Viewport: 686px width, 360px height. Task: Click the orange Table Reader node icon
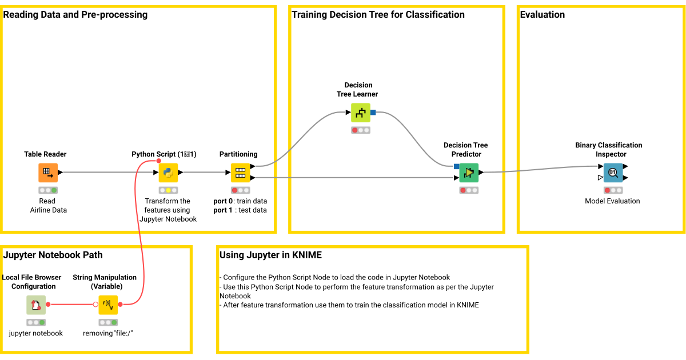click(x=48, y=173)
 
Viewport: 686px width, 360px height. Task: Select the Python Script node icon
click(x=168, y=173)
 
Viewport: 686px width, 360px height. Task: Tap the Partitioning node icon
click(x=240, y=173)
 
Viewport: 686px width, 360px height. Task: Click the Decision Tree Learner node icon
click(x=360, y=113)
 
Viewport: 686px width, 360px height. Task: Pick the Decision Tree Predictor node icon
click(x=469, y=173)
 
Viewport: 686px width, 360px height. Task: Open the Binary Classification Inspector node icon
click(x=613, y=173)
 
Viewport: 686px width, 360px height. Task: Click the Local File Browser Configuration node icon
click(x=36, y=305)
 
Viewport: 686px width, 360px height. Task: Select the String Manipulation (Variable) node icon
click(x=108, y=305)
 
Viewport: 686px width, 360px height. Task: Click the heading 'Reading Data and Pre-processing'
click(x=75, y=15)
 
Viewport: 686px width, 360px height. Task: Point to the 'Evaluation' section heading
click(x=542, y=15)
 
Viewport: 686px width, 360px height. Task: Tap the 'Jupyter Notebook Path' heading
click(x=53, y=255)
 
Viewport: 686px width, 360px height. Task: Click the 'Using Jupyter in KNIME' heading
click(x=270, y=255)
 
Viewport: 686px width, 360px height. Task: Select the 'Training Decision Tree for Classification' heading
click(x=378, y=15)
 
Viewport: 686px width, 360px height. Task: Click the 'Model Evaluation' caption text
click(x=612, y=201)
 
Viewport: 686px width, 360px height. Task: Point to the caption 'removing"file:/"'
click(x=108, y=333)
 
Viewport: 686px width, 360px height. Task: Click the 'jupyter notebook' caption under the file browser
click(x=36, y=333)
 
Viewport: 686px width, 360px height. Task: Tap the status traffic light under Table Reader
click(x=48, y=190)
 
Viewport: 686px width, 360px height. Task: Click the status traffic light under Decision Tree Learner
click(x=360, y=130)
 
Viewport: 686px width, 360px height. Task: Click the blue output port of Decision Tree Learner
click(x=373, y=113)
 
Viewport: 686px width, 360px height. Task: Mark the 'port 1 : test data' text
click(x=240, y=210)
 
